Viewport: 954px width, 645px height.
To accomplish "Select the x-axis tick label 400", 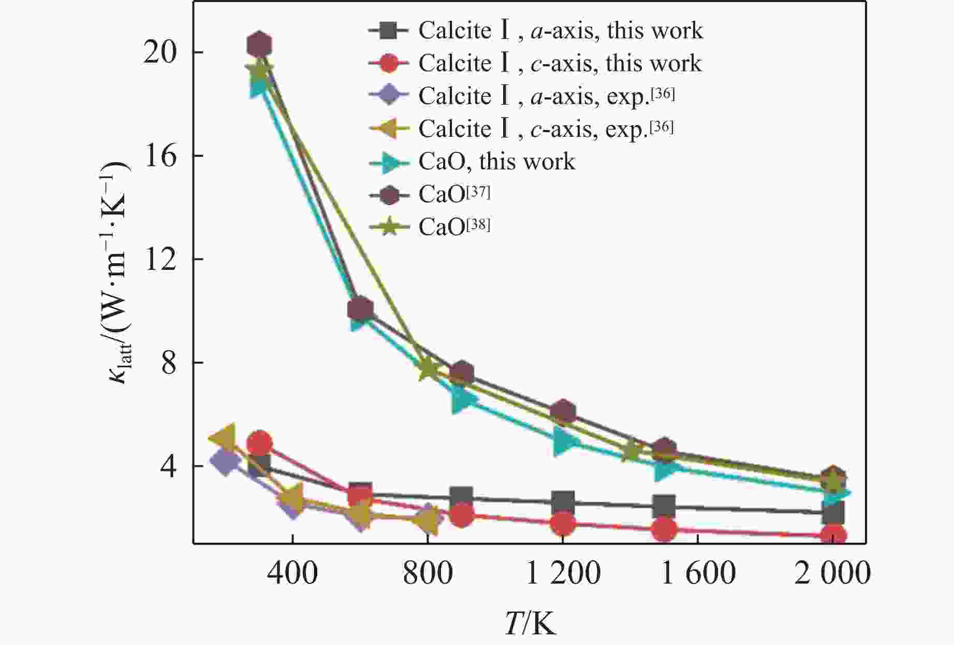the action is point(293,574).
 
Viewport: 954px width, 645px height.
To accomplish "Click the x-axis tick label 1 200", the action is point(563,574).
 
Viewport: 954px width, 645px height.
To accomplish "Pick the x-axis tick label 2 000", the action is point(832,574).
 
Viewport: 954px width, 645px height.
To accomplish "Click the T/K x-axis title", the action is point(530,623).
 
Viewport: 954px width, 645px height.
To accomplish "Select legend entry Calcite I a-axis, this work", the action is point(536,31).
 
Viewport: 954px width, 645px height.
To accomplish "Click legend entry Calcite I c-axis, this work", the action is point(535,63).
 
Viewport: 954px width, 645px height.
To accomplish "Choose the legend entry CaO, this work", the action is point(472,162).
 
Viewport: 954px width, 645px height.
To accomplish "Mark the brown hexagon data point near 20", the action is point(259,45).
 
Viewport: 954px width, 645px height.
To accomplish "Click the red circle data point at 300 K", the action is point(259,443).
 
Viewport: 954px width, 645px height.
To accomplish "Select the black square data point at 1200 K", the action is point(563,502).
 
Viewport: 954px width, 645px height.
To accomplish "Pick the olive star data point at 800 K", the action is point(428,369).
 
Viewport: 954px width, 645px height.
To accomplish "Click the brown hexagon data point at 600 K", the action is point(360,309).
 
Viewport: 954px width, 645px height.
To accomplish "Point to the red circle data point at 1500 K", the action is point(664,529).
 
